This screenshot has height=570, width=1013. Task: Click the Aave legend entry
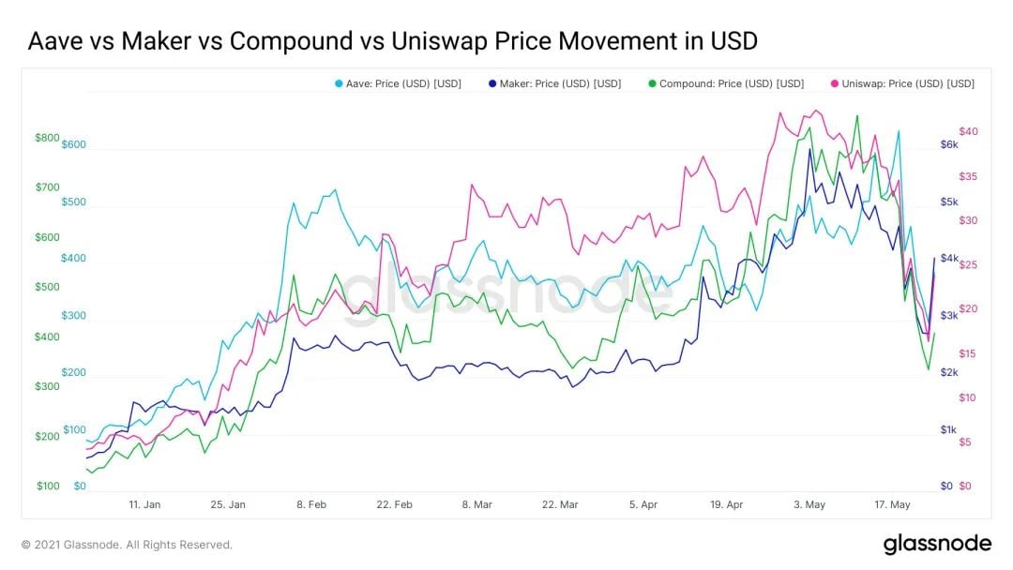[x=397, y=83]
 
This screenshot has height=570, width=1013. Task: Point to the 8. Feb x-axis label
[x=312, y=504]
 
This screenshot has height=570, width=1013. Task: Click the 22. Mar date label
[x=560, y=504]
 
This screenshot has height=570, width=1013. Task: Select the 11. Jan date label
[x=144, y=504]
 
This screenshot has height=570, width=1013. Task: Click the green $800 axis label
[x=47, y=138]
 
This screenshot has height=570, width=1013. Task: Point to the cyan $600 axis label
[x=74, y=144]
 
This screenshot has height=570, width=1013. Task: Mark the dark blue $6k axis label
[x=949, y=144]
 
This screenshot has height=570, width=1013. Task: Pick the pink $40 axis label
[x=968, y=131]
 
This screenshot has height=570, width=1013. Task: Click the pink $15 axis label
[x=968, y=353]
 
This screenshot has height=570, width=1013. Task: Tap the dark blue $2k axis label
[x=949, y=372]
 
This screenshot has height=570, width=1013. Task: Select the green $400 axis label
[x=47, y=337]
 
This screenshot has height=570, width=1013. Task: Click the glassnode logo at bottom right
[x=937, y=544]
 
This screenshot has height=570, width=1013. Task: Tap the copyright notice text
[x=127, y=545]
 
